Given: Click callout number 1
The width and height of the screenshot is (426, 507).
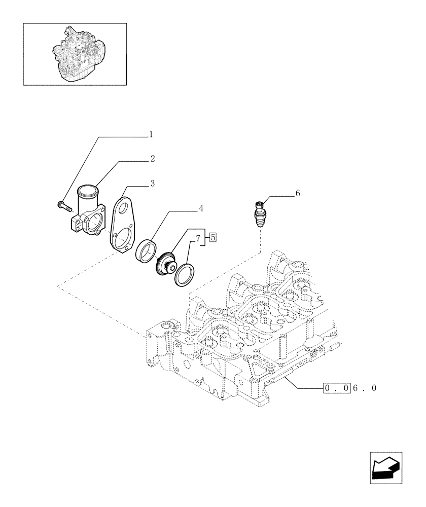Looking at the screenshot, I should tap(151, 135).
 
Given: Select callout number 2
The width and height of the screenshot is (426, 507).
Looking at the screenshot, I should tap(152, 159).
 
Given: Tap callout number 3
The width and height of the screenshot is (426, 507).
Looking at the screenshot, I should tap(152, 183).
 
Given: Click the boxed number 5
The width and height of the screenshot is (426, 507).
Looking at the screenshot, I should tap(213, 236).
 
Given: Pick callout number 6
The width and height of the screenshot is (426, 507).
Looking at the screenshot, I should tap(297, 193).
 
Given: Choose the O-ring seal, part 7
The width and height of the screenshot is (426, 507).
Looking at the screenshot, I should tap(183, 274).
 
